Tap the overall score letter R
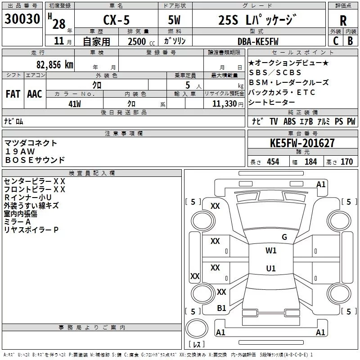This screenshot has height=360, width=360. coord(343,20)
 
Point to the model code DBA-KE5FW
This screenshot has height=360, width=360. coord(258,41)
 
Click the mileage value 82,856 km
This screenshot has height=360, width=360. coord(54,64)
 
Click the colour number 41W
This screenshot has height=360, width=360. coord(74,103)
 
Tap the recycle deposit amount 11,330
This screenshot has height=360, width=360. coord(224,103)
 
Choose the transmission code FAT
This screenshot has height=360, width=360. coord(13,94)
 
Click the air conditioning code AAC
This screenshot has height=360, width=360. coord(34,94)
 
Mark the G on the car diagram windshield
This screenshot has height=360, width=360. coord(284,237)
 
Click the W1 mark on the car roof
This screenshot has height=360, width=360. coord(271,251)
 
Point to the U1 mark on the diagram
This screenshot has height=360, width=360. coord(270,269)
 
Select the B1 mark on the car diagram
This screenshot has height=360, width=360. coord(221,308)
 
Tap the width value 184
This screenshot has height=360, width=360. coord(310,162)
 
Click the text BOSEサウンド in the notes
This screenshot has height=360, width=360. coord(35,160)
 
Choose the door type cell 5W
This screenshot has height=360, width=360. coord(175,20)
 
